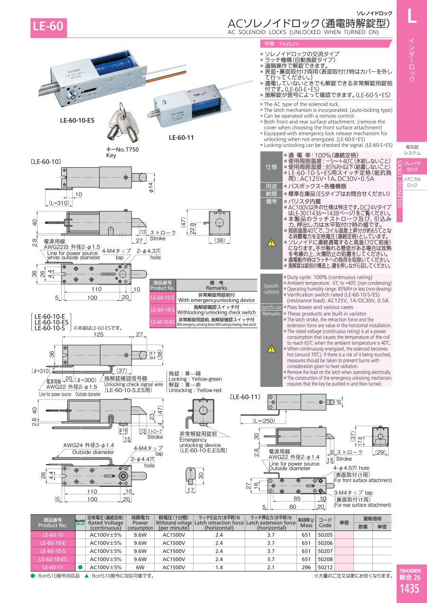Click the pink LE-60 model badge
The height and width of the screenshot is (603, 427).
point(47,27)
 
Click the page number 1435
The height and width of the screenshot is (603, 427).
point(409,589)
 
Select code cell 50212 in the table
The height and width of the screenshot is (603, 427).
point(325,567)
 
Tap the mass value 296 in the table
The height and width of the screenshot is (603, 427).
point(306,567)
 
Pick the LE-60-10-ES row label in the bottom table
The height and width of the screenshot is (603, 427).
point(53,559)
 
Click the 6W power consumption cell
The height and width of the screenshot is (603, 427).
point(140,567)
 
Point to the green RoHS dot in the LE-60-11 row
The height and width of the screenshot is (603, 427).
point(80,567)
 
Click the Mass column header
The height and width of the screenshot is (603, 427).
point(306,522)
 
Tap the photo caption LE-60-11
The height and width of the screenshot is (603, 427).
point(181,138)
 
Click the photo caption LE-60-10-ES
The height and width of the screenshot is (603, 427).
point(77,120)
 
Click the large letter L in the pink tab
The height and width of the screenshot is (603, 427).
point(411,17)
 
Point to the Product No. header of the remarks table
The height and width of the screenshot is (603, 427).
point(163,284)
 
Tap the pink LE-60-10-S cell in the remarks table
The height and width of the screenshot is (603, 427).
point(163,310)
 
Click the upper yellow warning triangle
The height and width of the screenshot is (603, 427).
point(271,242)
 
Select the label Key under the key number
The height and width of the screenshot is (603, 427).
point(111,155)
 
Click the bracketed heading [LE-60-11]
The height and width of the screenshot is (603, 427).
point(246,396)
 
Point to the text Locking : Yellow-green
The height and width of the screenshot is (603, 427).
point(195,379)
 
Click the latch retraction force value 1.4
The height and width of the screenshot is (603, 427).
point(219,567)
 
